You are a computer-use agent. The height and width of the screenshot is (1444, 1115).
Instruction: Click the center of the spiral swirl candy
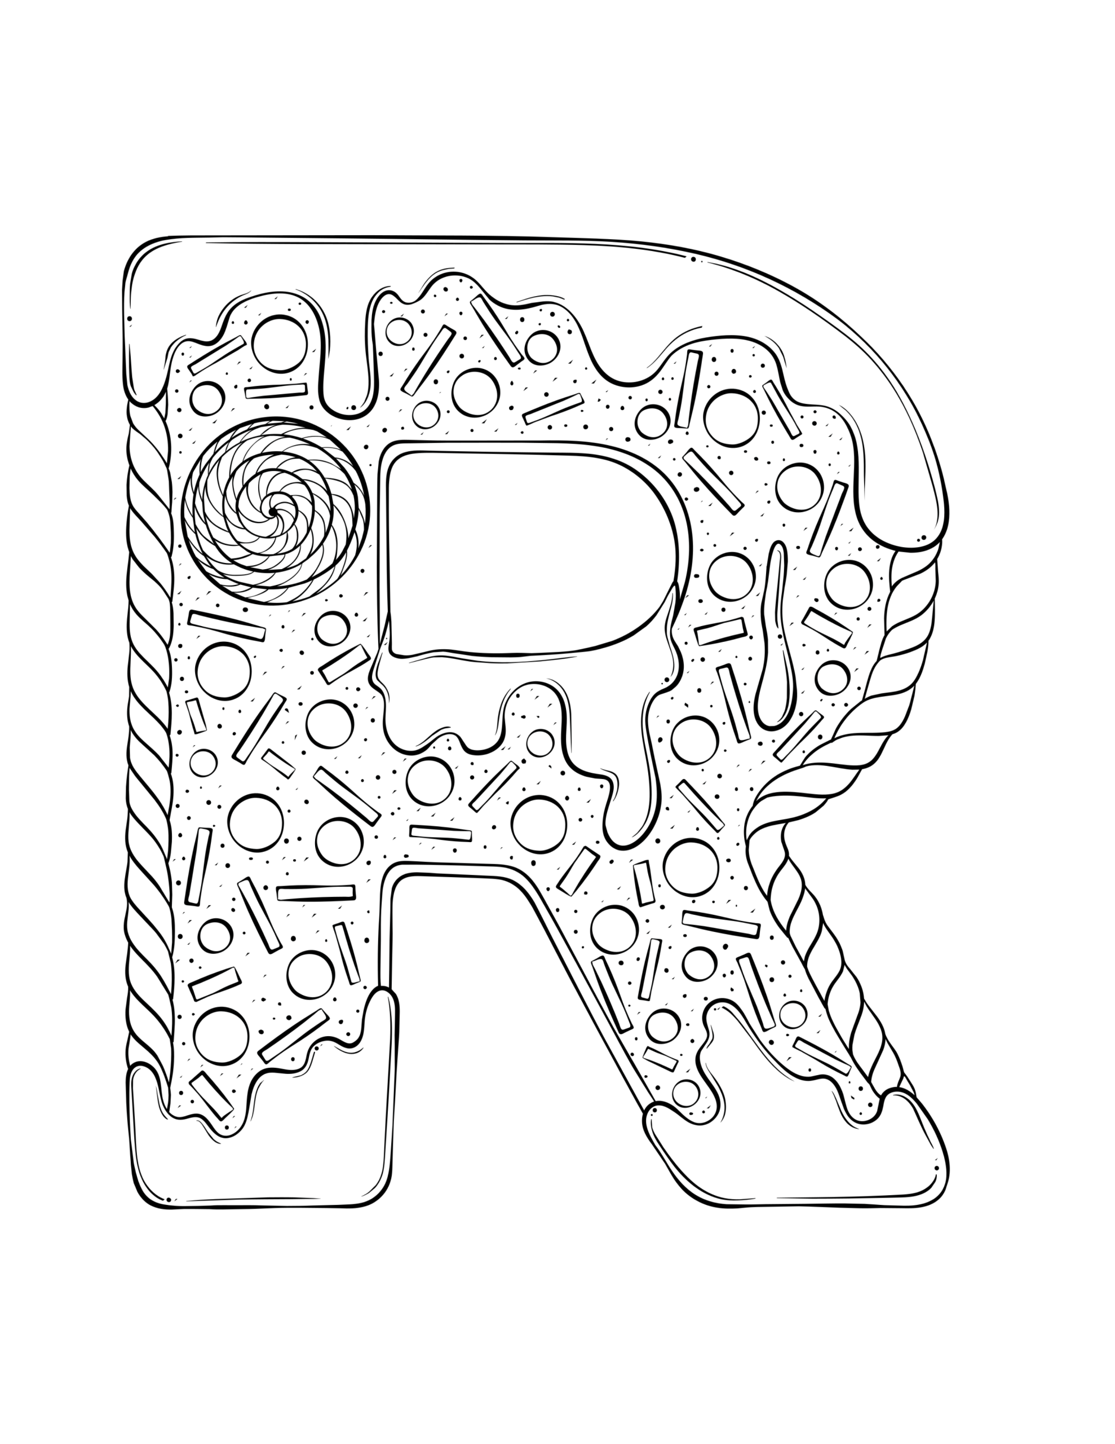click(x=272, y=512)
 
